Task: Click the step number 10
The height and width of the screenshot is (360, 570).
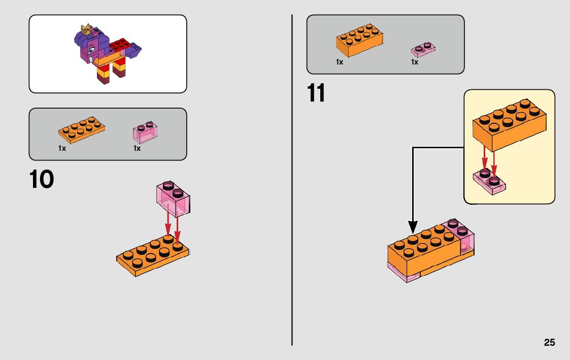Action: pyautogui.click(x=42, y=180)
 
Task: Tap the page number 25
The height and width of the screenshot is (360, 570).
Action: pyautogui.click(x=549, y=343)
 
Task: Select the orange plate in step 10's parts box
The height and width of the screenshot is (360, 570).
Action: pyautogui.click(x=82, y=129)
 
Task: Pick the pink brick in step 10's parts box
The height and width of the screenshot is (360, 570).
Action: pyautogui.click(x=145, y=132)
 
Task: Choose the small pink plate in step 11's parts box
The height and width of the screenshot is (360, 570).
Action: pyautogui.click(x=423, y=49)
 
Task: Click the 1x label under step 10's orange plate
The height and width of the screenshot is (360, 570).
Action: pyautogui.click(x=62, y=148)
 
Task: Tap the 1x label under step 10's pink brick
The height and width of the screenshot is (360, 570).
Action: pyautogui.click(x=137, y=148)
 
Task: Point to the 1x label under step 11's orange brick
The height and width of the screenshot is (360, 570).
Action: pyautogui.click(x=340, y=62)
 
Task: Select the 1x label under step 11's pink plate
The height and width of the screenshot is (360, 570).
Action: pyautogui.click(x=415, y=62)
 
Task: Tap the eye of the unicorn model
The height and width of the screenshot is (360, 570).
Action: pyautogui.click(x=92, y=51)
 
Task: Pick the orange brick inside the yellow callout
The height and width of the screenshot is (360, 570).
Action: pyautogui.click(x=507, y=124)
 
